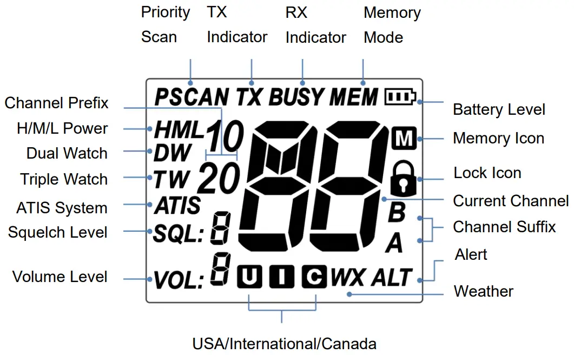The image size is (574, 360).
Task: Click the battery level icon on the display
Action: coord(400,98)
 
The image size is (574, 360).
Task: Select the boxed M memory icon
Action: coord(403,139)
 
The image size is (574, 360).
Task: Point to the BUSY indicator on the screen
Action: coord(296,98)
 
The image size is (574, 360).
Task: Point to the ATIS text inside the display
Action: coord(176,206)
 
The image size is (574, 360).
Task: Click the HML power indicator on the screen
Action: coord(178,130)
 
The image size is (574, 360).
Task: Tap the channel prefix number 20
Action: coord(219,179)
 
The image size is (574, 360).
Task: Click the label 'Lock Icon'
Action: coord(487,173)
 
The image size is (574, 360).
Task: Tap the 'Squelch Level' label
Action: coord(57,232)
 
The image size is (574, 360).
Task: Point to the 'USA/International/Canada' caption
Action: coord(284,344)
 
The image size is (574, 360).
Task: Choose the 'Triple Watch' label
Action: coord(64,179)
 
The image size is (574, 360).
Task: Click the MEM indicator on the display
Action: coord(354,98)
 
